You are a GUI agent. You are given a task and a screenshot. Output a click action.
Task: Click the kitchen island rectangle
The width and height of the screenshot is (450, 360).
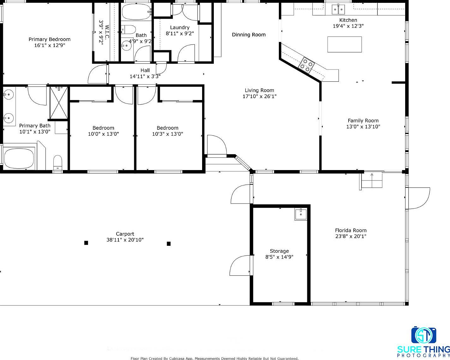tap(345, 44)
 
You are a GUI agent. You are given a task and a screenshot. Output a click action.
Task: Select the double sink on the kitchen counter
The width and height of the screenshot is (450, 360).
tap(338, 10)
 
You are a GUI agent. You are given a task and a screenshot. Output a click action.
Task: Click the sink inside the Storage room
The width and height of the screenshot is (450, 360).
tap(301, 215)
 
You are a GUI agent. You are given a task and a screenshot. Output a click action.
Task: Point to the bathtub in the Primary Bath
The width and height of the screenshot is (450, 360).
tap(19, 158)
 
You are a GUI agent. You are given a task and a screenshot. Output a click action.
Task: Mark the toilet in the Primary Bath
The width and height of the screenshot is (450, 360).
tap(57, 162)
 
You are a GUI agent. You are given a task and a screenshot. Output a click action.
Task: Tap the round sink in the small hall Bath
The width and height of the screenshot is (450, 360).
tap(126, 45)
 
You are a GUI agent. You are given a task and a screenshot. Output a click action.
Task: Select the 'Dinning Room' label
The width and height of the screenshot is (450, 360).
tap(249, 35)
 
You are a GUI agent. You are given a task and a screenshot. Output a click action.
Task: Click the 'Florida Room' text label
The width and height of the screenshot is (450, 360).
tap(351, 230)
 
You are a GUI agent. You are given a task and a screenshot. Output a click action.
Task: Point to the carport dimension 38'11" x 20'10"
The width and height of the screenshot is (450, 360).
tap(125, 240)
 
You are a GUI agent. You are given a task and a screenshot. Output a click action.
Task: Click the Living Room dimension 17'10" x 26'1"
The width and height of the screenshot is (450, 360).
tap(259, 97)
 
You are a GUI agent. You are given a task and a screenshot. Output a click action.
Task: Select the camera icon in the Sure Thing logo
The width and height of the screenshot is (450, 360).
tap(423, 335)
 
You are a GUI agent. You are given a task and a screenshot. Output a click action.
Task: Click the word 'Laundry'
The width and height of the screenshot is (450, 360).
tap(180, 27)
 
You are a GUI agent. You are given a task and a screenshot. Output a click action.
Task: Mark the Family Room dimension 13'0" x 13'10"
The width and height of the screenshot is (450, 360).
tap(363, 127)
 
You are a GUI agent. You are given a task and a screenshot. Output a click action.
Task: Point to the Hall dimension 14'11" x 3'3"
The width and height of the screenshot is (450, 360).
tap(145, 76)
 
